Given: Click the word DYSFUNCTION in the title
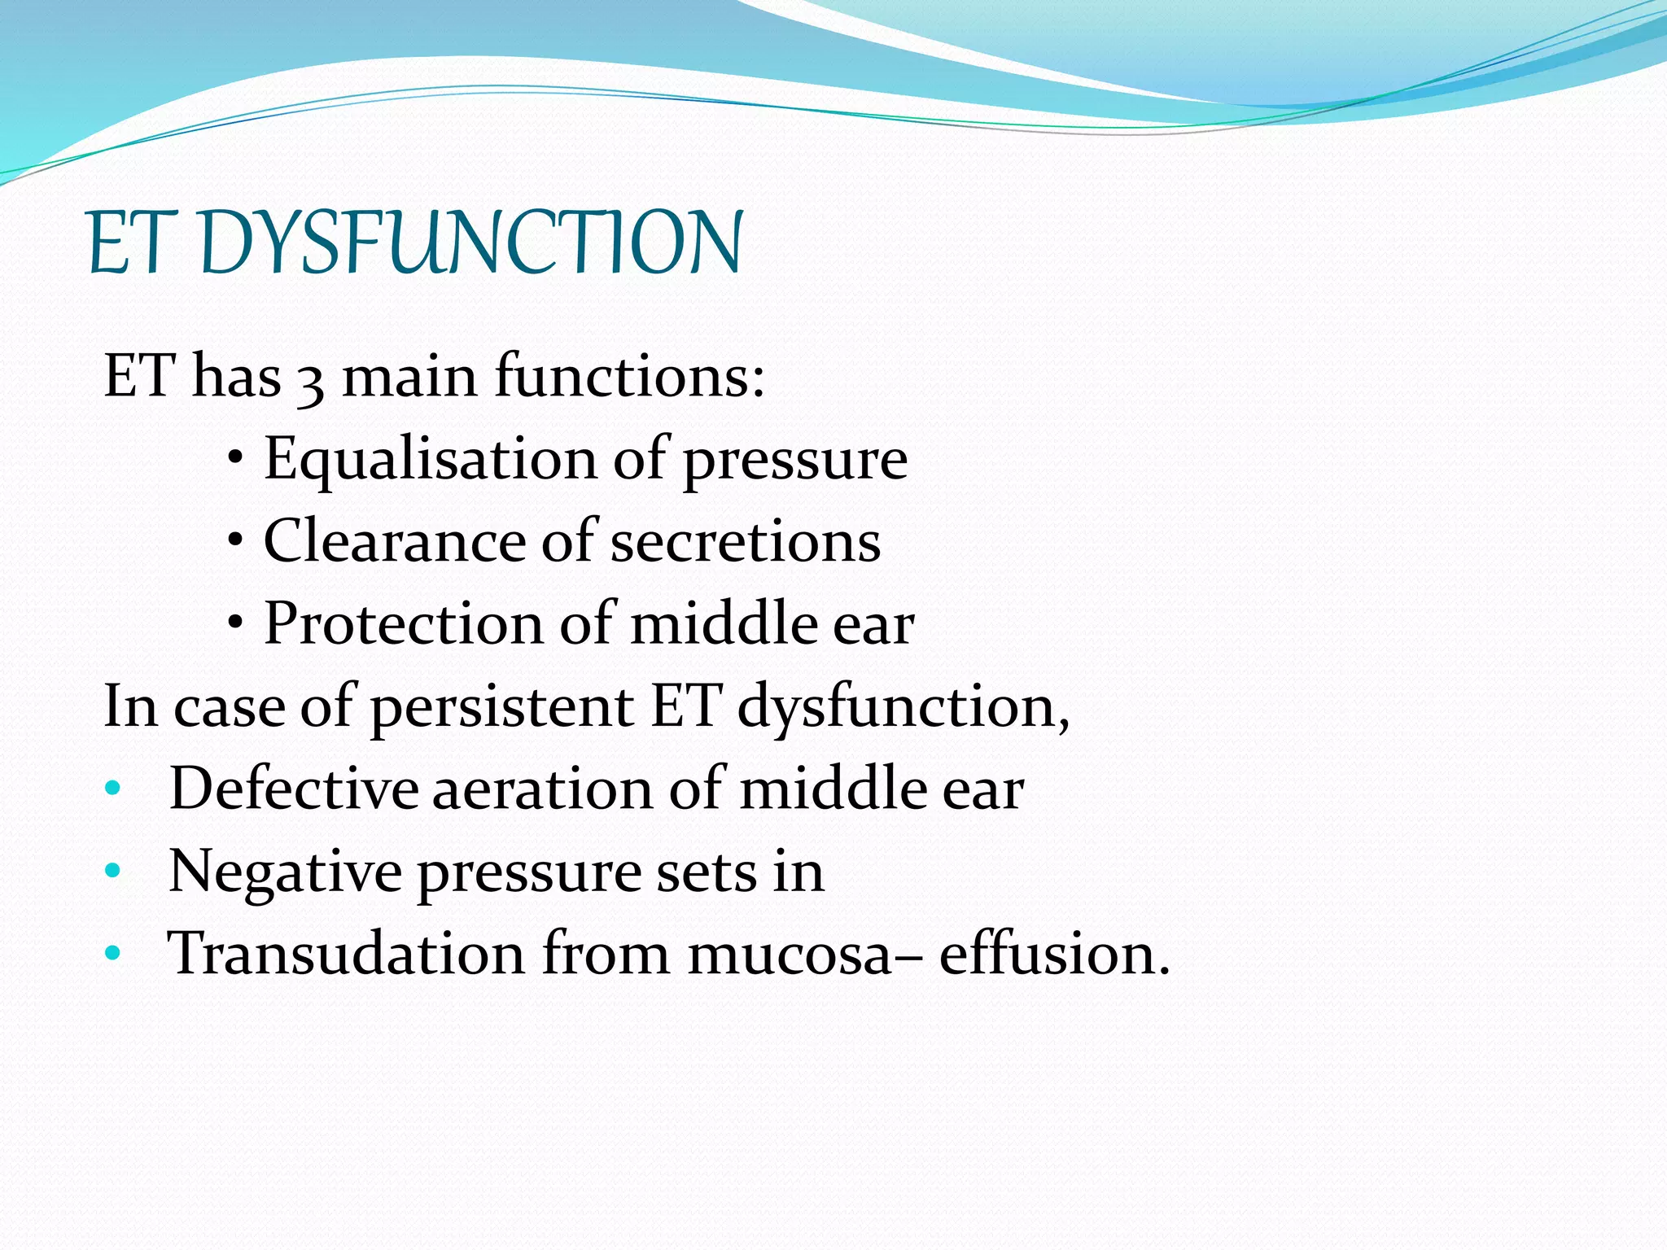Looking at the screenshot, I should (470, 243).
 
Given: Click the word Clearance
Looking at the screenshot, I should (394, 542).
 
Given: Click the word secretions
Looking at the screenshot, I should (745, 542).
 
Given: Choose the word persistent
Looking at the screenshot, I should (502, 706).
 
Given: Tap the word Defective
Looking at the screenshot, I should (293, 789).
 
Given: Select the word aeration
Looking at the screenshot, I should (542, 789).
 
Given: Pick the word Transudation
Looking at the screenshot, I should (346, 953).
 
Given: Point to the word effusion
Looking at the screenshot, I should (1053, 953).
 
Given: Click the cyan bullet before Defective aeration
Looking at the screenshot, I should (113, 788).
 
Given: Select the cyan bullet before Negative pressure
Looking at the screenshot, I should (113, 871).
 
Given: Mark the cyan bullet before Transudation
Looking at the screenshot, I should (113, 952).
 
